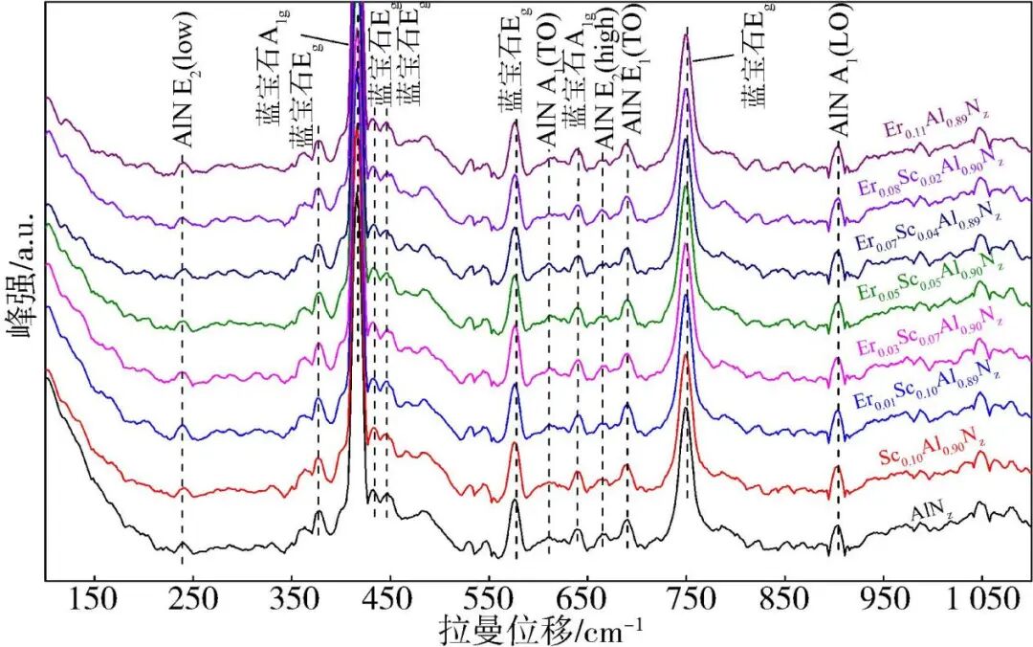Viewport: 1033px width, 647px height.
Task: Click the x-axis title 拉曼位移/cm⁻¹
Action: [x=541, y=629]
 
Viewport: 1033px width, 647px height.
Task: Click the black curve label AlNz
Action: [x=932, y=514]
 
